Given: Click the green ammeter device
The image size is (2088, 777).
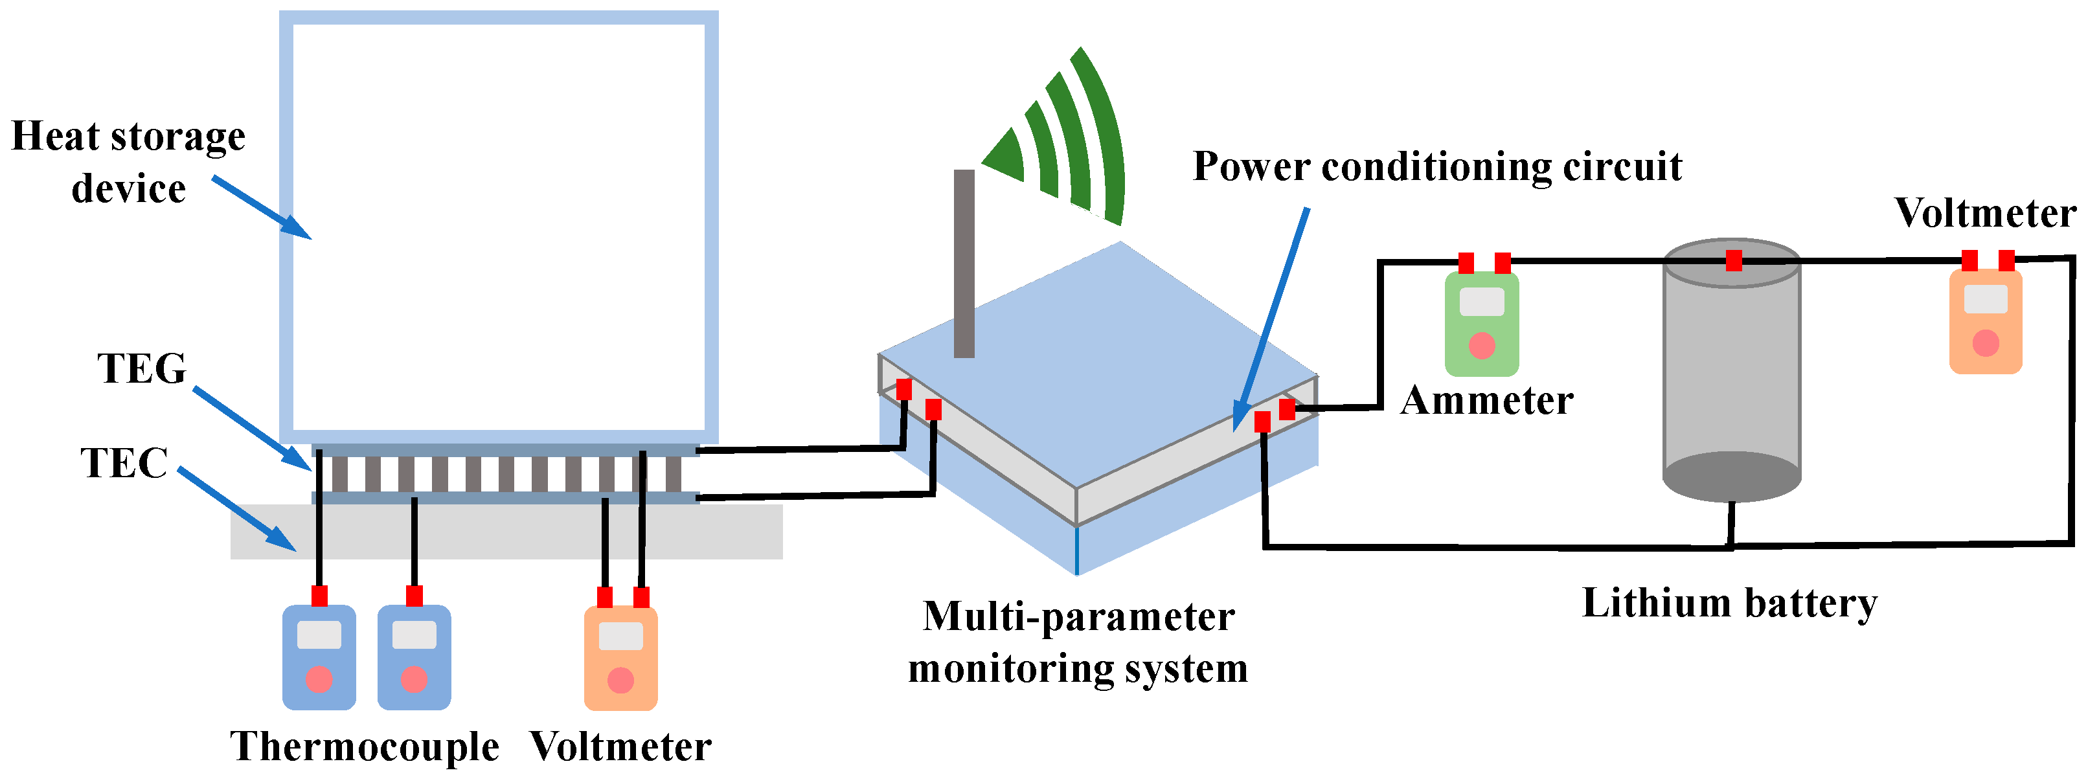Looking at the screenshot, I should [1481, 324].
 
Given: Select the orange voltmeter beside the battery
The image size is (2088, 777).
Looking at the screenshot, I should [1985, 322].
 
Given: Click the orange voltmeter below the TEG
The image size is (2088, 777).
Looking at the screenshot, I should [620, 659].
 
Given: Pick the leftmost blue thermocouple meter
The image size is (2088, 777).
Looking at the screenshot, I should [319, 657].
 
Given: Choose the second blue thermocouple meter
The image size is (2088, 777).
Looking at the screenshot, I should [414, 657].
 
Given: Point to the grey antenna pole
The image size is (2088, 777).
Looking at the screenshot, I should [964, 264].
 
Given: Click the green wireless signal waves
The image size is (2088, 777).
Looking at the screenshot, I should [1070, 142].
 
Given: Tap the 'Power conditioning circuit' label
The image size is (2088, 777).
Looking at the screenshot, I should [1437, 167].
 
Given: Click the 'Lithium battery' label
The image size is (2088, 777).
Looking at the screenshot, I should [1729, 603].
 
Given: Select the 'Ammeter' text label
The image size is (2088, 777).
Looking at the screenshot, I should [1486, 401].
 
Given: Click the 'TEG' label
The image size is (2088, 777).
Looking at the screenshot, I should [142, 368].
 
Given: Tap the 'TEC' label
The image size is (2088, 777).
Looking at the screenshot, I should [123, 464].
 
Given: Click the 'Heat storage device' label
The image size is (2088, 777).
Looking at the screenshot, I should [128, 162].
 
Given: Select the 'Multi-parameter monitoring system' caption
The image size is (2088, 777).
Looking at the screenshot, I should [1078, 642].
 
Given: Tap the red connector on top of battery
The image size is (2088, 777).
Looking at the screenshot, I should [1733, 260].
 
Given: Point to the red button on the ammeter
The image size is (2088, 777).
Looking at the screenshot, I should [1482, 346].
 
